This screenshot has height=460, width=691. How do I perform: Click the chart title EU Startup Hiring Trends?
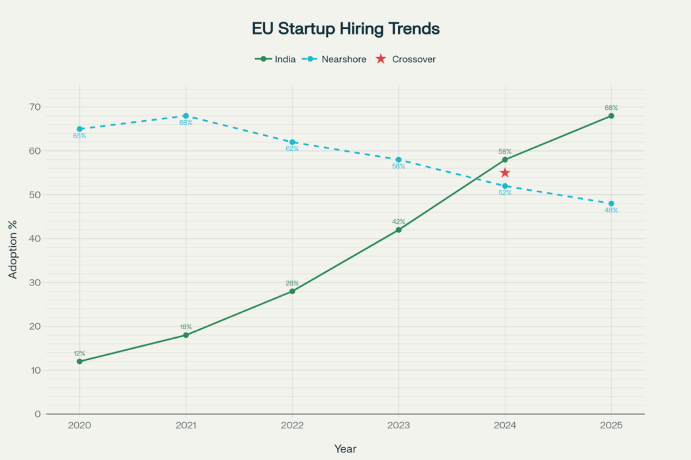pyautogui.click(x=345, y=29)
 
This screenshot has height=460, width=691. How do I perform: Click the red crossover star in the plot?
pyautogui.click(x=505, y=173)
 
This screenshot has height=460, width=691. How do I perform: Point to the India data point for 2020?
pyautogui.click(x=80, y=362)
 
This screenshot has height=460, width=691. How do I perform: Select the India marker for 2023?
pyautogui.click(x=398, y=230)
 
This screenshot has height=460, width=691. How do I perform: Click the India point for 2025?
pyautogui.click(x=611, y=116)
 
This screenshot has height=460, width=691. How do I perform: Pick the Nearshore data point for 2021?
pyautogui.click(x=186, y=116)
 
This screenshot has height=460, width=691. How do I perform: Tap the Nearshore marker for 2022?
pyautogui.click(x=292, y=142)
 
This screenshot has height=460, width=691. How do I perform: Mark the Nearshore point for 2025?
pyautogui.click(x=611, y=204)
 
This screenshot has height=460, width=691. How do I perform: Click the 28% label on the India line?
pyautogui.click(x=292, y=283)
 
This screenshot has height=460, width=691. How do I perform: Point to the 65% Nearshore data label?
pyautogui.click(x=80, y=136)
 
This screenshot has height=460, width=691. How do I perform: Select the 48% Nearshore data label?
pyautogui.click(x=611, y=210)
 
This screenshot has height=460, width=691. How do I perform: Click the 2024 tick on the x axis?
pyautogui.click(x=505, y=426)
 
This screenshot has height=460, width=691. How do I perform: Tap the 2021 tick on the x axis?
pyautogui.click(x=186, y=426)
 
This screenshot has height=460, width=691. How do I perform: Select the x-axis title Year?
pyautogui.click(x=345, y=449)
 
